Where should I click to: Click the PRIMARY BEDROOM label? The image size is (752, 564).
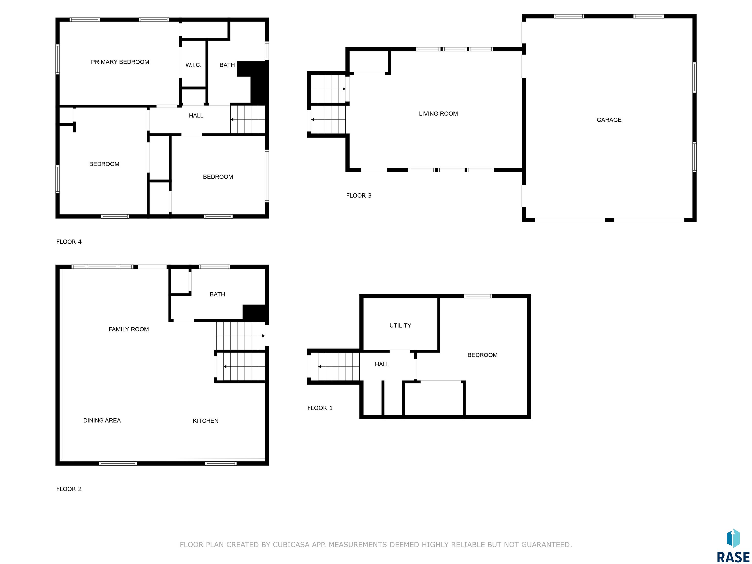coord(120,62)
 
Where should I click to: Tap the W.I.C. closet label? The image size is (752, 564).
coord(193,65)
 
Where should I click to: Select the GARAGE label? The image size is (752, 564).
coord(609,120)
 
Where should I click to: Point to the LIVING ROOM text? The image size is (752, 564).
coord(438,114)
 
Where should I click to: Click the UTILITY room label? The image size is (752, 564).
coord(400,325)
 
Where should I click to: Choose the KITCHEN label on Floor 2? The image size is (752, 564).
coord(205,421)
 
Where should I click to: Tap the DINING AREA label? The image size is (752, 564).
coord(102,420)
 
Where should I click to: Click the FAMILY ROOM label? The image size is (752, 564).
coord(129,329)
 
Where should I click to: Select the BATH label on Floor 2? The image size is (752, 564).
coord(217,294)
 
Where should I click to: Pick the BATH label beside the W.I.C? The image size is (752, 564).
coord(227,65)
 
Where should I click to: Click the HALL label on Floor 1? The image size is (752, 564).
coord(382,364)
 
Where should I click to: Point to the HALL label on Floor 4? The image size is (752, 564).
coord(196,116)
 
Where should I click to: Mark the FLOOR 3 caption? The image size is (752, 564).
coord(359,196)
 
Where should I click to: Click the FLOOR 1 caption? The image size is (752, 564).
coord(320,408)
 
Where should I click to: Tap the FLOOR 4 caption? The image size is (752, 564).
coord(69,242)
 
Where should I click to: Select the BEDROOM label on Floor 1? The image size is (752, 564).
coord(482,355)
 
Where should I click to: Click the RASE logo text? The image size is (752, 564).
coord(733,557)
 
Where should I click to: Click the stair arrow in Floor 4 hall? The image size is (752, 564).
coord(247,120)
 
